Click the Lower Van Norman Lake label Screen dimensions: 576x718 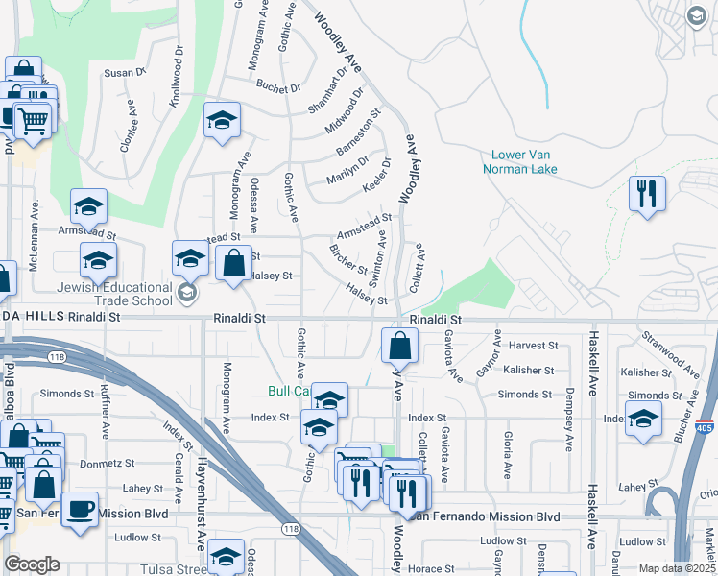(523, 161)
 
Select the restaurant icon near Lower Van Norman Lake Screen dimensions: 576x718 (647, 194)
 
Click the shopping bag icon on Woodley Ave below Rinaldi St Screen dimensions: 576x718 (399, 346)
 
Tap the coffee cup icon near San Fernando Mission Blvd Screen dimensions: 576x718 (80, 509)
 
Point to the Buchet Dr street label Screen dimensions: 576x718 (279, 87)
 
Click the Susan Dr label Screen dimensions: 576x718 (124, 72)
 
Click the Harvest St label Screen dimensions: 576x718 (535, 345)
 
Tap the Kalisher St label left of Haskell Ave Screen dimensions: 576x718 (529, 370)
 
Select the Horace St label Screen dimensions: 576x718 (422, 568)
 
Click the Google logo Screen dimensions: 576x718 (32, 564)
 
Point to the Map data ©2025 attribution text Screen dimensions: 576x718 (677, 568)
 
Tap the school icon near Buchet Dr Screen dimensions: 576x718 (222, 121)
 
